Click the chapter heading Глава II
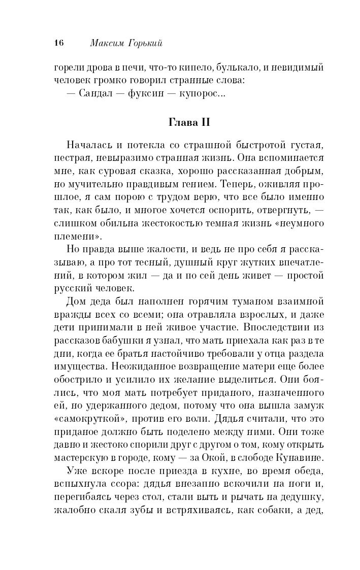[x=188, y=123]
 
